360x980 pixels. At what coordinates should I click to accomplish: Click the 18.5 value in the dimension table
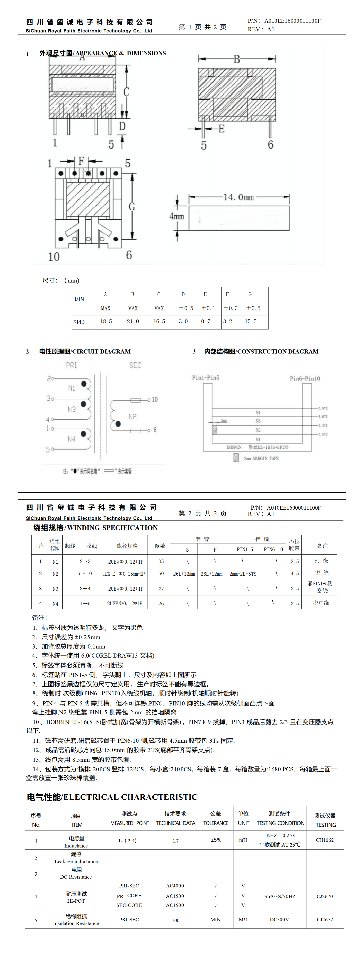(x=106, y=322)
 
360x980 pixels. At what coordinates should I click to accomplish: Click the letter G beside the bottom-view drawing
(x=132, y=206)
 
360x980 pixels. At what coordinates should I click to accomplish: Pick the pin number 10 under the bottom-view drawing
(x=54, y=257)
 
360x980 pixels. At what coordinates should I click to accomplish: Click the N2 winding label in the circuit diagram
(x=132, y=417)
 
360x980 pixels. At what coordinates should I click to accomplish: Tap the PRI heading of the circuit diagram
(x=72, y=365)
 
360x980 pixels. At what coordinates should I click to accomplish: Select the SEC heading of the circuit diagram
(x=135, y=365)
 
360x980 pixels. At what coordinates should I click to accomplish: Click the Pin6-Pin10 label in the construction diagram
(x=305, y=378)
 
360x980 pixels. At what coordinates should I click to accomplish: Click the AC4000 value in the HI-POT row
(x=175, y=886)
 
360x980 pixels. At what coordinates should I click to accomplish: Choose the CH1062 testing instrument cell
(x=325, y=840)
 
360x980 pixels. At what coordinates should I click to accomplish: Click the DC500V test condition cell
(x=279, y=919)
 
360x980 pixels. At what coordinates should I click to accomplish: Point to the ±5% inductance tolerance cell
(x=216, y=840)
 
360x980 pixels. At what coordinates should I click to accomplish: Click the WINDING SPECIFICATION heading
(x=96, y=528)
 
